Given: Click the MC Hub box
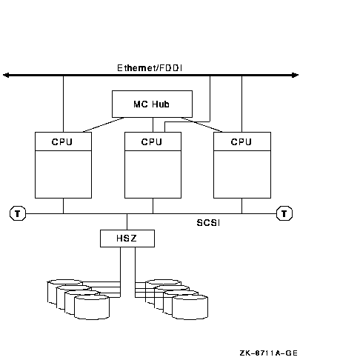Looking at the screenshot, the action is click(152, 104).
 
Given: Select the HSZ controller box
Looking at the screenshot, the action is click(127, 239).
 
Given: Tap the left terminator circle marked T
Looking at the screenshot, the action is click(18, 213).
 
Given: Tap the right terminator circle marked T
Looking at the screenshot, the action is click(284, 213).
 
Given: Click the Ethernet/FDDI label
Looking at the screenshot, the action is click(150, 68).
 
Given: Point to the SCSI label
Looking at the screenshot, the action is click(208, 223).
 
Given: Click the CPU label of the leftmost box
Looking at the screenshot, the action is click(62, 141).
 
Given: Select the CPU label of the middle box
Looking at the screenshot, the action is click(152, 141).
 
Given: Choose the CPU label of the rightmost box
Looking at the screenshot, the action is click(241, 141).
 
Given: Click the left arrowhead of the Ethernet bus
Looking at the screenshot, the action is click(6, 75).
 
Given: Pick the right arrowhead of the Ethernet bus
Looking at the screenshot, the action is click(295, 75).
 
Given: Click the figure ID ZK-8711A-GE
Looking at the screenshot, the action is click(269, 353).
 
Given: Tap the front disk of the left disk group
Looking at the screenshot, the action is click(92, 307).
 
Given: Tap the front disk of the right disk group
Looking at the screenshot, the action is click(190, 307).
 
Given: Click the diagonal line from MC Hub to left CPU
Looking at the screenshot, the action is click(104, 124).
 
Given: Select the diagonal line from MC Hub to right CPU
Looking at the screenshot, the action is click(201, 124).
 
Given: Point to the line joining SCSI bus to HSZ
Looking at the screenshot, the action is click(127, 221).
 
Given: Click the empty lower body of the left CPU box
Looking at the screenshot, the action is click(63, 174).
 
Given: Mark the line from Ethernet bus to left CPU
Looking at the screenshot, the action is click(63, 104).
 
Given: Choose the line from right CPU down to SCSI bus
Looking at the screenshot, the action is click(241, 206).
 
